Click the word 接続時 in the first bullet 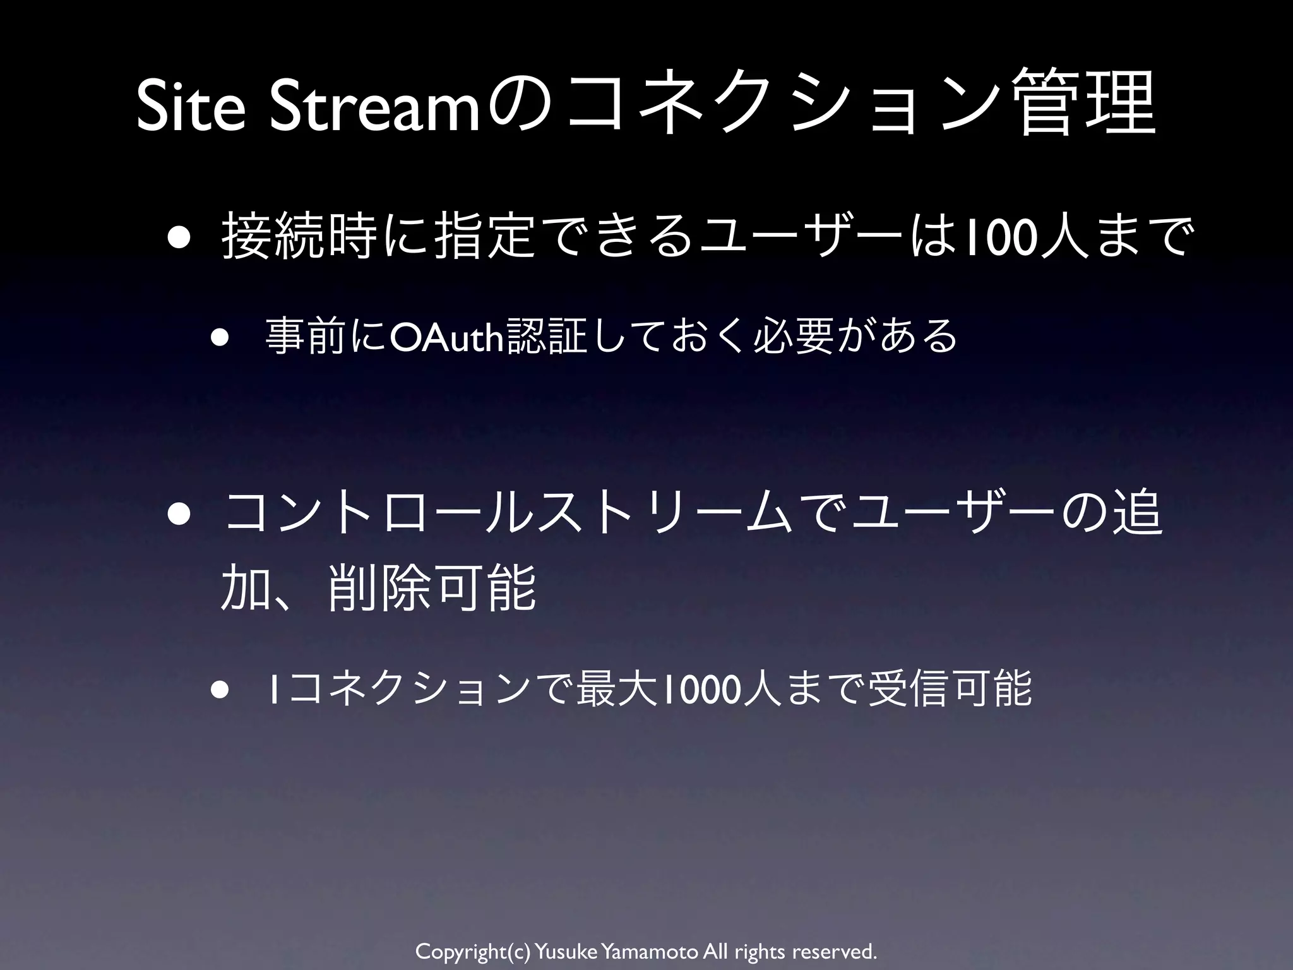point(297,240)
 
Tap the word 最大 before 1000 point(618,690)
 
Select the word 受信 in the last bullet point(909,690)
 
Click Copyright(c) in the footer point(473,951)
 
